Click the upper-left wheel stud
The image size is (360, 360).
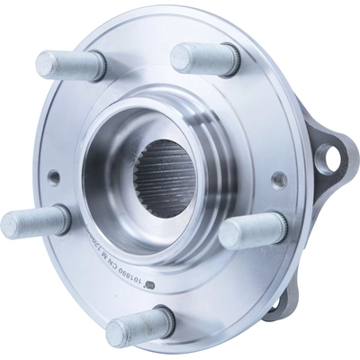tap(70, 65)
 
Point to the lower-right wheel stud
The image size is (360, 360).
tap(253, 232)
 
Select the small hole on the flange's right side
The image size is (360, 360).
tap(279, 180)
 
